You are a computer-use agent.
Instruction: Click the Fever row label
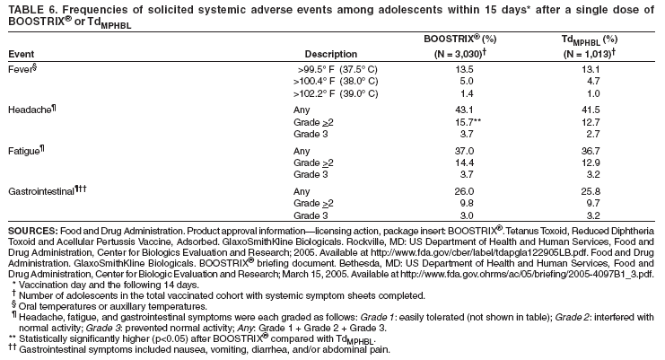click(x=21, y=67)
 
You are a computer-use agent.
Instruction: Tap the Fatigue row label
click(x=25, y=149)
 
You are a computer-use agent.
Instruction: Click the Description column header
click(x=331, y=54)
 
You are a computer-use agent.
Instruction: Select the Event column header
click(x=20, y=54)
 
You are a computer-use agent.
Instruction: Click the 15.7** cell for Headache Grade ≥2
click(x=468, y=121)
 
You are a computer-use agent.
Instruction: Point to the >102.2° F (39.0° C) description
click(x=337, y=93)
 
